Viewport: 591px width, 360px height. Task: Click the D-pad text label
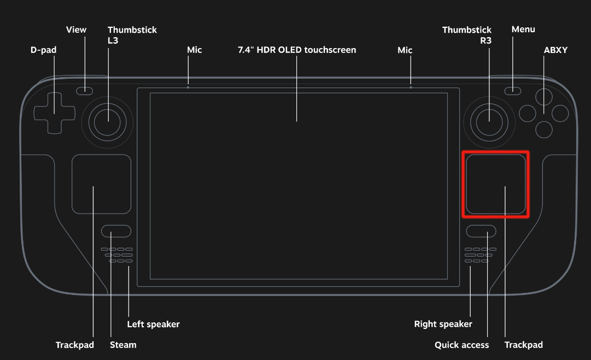pos(43,50)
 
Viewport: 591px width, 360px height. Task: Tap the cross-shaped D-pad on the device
pos(55,113)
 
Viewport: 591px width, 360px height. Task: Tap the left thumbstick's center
pos(108,121)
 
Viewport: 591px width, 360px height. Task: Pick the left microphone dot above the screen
pos(188,87)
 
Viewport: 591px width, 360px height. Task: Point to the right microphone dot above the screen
pos(411,87)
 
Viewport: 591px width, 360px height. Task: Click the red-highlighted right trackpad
pos(496,184)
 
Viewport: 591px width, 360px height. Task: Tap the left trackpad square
pos(101,184)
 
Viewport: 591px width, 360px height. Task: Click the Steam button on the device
pos(116,231)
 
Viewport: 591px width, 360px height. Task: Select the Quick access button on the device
pos(481,231)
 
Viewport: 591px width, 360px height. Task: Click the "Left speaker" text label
pos(153,324)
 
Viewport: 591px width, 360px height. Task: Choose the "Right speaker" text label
pos(443,324)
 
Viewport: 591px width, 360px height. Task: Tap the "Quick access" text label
pos(461,345)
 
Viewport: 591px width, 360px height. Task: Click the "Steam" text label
pos(123,345)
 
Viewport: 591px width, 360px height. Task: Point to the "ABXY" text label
pos(555,50)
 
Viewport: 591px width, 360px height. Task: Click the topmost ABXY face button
pos(543,97)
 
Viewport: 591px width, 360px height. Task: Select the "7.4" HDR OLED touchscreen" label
pos(297,50)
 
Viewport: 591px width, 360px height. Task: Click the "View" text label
pos(76,29)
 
